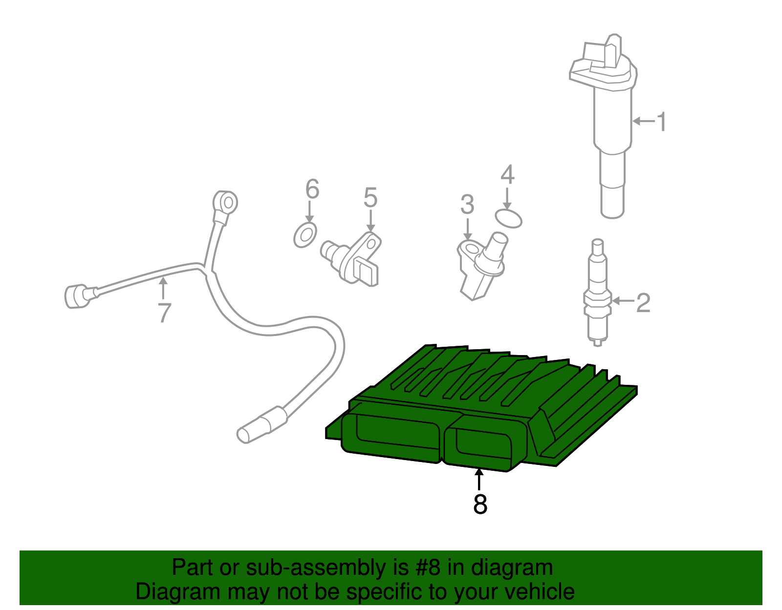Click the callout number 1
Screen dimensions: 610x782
click(x=661, y=122)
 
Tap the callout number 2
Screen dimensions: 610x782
click(x=643, y=303)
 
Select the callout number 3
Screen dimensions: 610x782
click(x=467, y=205)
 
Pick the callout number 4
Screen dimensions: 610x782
click(x=507, y=175)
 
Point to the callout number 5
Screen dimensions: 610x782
click(x=370, y=198)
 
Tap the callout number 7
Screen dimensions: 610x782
click(x=165, y=313)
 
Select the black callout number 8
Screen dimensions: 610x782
click(x=480, y=504)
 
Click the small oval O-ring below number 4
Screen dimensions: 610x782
click(x=508, y=218)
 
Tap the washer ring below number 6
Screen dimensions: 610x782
click(x=305, y=235)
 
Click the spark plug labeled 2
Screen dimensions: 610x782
click(x=597, y=293)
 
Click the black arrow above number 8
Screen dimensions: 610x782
click(x=479, y=478)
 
